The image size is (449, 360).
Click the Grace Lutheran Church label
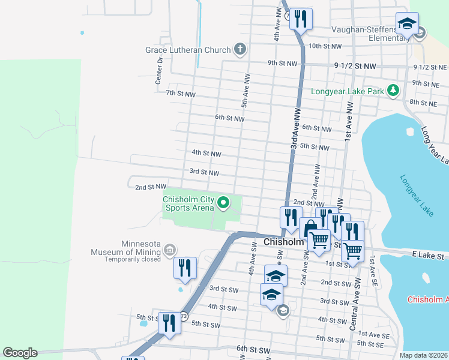pos(188,50)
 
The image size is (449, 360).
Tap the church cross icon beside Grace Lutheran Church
pos(240,49)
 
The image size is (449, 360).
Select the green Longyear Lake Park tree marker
pos(393,91)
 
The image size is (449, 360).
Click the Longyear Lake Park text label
pos(347,92)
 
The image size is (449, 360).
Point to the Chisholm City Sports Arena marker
pos(223,203)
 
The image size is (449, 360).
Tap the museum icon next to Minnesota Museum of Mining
pos(170,249)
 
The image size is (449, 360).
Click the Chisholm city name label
pos(286,242)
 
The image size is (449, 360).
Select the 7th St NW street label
pos(181,94)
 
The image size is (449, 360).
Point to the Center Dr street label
pos(160,69)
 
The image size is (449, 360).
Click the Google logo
pos(20,353)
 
